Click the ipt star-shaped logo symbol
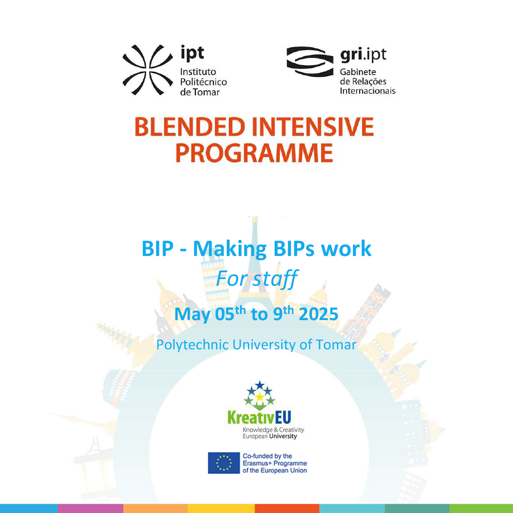[148, 70]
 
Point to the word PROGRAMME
[254, 153]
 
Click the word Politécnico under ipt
[203, 82]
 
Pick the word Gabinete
[358, 72]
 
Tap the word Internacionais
[367, 91]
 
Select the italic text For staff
[257, 279]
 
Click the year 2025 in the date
[319, 314]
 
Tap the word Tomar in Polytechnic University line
[336, 345]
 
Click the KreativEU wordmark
[259, 418]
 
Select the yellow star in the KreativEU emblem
[260, 397]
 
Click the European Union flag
[224, 463]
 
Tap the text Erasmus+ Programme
[275, 463]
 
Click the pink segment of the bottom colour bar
[90, 508]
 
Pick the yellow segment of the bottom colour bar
[221, 508]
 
